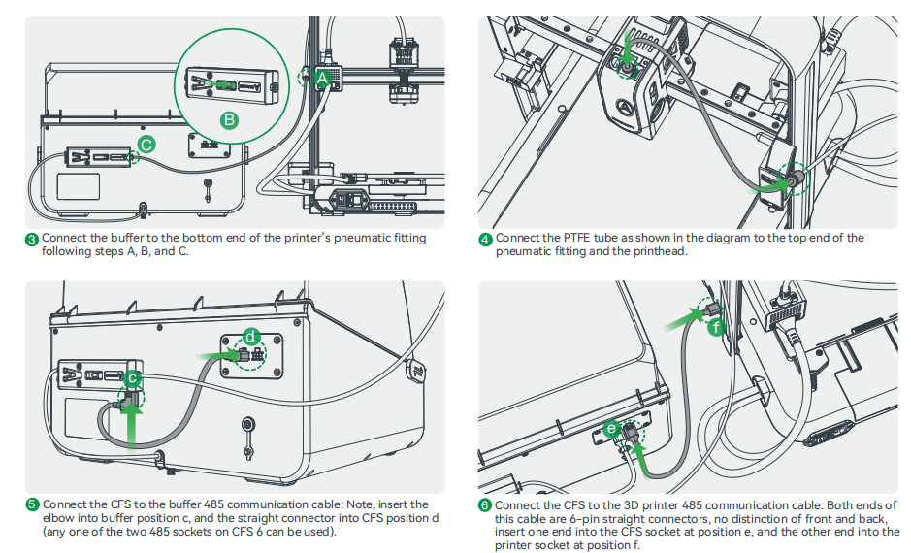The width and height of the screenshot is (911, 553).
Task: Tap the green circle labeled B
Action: pyautogui.click(x=229, y=120)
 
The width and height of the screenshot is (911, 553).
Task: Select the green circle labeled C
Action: pyautogui.click(x=146, y=145)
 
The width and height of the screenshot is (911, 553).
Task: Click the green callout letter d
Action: pyautogui.click(x=251, y=336)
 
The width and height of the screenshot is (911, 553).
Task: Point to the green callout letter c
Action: pyautogui.click(x=133, y=377)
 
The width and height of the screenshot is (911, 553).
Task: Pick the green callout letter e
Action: pyautogui.click(x=611, y=427)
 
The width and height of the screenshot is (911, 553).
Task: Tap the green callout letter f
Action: pyautogui.click(x=716, y=328)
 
